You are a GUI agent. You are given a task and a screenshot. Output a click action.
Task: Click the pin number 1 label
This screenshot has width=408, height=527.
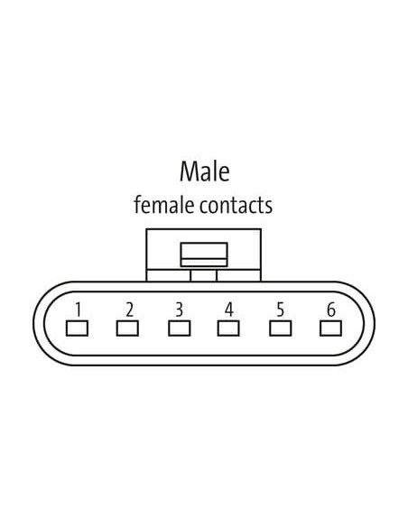point(78,310)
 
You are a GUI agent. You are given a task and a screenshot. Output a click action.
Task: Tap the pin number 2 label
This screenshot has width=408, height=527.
point(129,310)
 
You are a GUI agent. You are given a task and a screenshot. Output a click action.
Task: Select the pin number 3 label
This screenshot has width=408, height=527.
point(180,310)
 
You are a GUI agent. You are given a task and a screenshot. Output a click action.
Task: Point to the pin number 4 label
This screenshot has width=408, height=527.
point(229,310)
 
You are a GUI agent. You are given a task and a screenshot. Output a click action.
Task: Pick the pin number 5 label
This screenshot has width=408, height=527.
point(281,310)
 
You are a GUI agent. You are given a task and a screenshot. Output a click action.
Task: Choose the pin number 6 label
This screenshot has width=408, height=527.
point(331,310)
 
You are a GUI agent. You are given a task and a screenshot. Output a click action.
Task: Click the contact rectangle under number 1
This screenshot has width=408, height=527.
point(77,328)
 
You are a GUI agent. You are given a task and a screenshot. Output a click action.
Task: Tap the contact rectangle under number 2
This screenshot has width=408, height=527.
point(127,328)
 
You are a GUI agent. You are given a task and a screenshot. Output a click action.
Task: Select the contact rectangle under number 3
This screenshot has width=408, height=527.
point(179,328)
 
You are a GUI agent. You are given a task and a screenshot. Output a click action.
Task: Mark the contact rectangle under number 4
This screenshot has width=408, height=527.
point(228,328)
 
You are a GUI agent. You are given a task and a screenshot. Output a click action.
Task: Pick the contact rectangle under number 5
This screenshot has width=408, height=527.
point(281,328)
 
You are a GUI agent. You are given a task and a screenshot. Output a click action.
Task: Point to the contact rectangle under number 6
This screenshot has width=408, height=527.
point(330,328)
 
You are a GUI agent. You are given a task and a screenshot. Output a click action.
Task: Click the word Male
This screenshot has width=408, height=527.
point(205,171)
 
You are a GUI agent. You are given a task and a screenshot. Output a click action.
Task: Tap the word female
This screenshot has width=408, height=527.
point(164,205)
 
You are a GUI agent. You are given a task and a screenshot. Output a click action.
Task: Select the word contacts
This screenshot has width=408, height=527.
point(236,206)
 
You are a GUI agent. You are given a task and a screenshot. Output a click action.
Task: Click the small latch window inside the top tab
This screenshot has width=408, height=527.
point(204,254)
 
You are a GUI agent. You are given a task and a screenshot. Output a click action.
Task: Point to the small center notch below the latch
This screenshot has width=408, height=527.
point(204,275)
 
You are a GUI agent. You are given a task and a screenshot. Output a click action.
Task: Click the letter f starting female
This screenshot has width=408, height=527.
point(137,205)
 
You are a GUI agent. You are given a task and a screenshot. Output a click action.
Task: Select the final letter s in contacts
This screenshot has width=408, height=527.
point(269,207)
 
